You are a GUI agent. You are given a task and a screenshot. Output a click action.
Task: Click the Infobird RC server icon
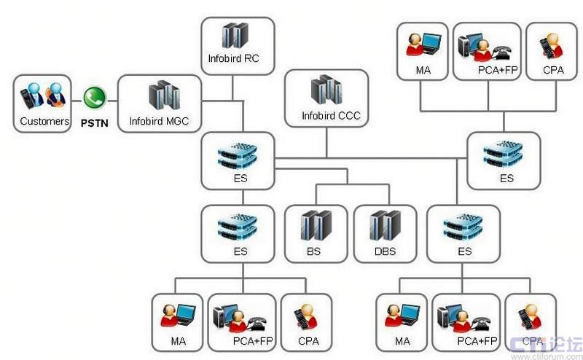coord(236,35)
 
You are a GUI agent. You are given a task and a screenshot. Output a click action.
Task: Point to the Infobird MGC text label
coord(159,121)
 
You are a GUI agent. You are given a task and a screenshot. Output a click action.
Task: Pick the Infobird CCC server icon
coord(326,90)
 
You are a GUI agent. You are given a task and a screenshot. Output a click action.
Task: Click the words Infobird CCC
coord(331,115)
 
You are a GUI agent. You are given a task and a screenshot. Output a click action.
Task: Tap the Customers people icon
coord(44,96)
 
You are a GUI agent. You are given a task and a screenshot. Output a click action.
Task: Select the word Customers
coord(44,121)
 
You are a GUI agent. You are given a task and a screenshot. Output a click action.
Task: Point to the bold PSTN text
coord(95,122)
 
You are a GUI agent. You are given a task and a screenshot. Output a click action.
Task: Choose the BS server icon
coord(313,225)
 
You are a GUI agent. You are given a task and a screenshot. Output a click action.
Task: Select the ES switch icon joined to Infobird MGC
coord(239,154)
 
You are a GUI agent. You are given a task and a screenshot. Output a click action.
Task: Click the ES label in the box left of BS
coord(240,251)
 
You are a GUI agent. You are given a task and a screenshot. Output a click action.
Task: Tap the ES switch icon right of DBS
coord(463,225)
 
